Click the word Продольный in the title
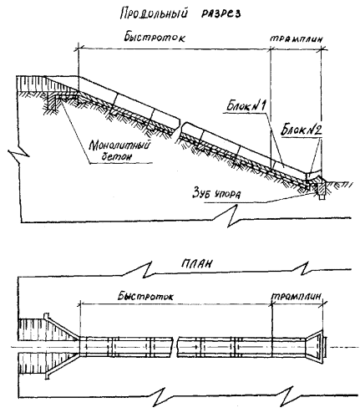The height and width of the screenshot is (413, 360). [x=154, y=13]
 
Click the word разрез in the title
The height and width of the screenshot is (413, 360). [x=221, y=14]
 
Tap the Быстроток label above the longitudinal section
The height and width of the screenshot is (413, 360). [x=155, y=37]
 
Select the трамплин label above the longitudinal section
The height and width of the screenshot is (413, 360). [x=297, y=38]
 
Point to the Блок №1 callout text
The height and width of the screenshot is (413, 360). [x=246, y=106]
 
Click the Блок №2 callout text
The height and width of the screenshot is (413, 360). [x=302, y=130]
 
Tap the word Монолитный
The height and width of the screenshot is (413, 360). [x=119, y=145]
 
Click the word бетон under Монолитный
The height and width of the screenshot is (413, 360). [x=116, y=156]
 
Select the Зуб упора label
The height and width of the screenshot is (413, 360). [x=216, y=194]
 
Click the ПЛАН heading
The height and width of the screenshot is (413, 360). [x=196, y=263]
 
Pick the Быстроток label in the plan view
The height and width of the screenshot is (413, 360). [x=145, y=296]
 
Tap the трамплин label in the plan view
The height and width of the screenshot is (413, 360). [x=297, y=296]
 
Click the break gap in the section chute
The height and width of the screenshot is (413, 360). [x=180, y=128]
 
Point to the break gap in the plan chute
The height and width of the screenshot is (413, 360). [x=175, y=347]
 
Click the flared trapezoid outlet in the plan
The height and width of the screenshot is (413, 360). [x=315, y=347]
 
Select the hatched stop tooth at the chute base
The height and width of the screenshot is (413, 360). [x=321, y=189]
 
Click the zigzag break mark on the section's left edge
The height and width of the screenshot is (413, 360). [x=19, y=153]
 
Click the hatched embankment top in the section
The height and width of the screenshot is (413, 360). [x=31, y=83]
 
